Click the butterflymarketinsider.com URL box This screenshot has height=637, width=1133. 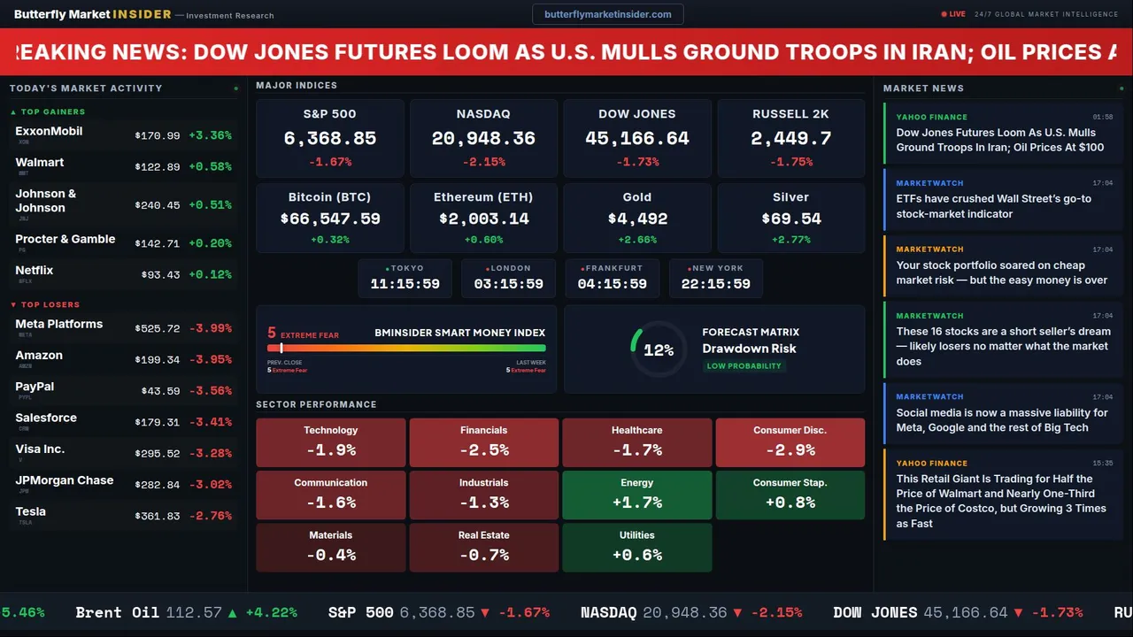click(x=607, y=14)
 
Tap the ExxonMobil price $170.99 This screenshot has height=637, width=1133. click(x=158, y=136)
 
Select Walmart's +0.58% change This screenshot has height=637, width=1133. click(x=211, y=167)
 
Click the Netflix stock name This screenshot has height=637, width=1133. click(x=35, y=271)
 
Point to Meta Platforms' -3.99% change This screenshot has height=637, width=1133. click(x=211, y=328)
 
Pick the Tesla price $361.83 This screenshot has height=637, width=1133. click(x=158, y=516)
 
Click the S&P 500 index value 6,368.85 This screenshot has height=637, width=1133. click(x=329, y=139)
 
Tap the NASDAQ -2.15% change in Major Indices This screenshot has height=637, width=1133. click(x=483, y=162)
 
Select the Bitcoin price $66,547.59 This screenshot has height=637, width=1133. click(x=330, y=219)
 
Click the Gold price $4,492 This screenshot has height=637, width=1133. click(x=637, y=219)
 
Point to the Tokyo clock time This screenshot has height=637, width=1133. click(x=405, y=284)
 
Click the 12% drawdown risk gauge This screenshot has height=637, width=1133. click(x=658, y=350)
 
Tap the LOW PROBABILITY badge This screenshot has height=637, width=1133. click(x=744, y=366)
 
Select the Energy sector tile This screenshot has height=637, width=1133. click(x=637, y=495)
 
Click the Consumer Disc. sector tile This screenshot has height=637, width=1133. click(x=790, y=442)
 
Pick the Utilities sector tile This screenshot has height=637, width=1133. click(x=637, y=547)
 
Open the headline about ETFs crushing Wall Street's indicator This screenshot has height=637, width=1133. click(x=993, y=206)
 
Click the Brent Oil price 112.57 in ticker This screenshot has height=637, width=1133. click(x=193, y=612)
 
